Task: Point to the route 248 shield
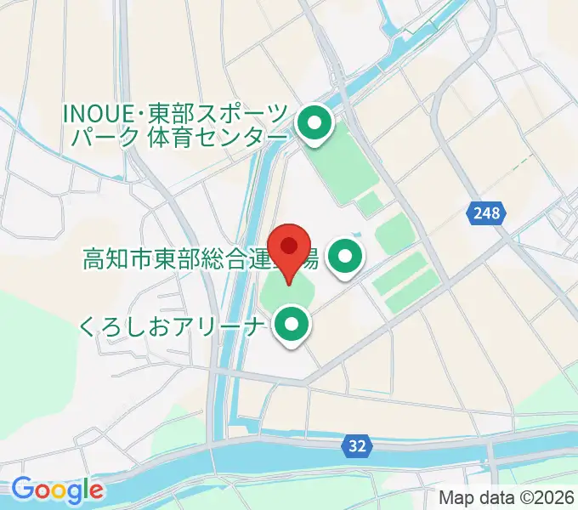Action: click(x=487, y=213)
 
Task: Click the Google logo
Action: click(x=57, y=490)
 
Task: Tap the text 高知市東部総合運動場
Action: click(x=200, y=258)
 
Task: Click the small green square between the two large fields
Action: click(x=369, y=204)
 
